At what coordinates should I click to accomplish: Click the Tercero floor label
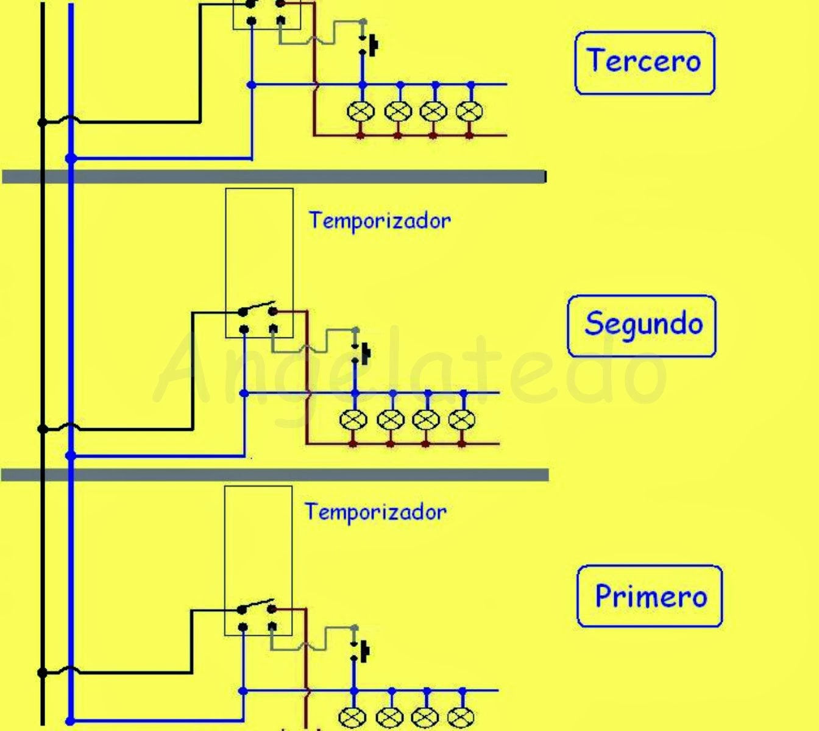pos(645,63)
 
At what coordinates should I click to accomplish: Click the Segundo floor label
pos(642,326)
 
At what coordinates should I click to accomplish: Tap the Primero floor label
pos(650,596)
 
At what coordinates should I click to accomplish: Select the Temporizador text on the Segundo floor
pos(380,221)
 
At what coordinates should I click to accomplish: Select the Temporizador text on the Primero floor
pos(376,512)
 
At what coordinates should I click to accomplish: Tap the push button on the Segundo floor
pos(361,353)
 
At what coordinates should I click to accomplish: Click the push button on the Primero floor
pos(361,651)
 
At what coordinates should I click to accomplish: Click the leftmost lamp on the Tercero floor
pos(361,111)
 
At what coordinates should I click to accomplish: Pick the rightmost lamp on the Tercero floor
pos(469,111)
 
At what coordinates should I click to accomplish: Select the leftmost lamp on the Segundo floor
pos(353,420)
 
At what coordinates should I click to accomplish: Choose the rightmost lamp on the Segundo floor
pos(462,420)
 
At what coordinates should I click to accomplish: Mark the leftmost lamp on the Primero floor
pos(352,718)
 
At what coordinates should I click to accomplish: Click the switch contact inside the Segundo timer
pos(258,309)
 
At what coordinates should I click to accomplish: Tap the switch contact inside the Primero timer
pos(257,606)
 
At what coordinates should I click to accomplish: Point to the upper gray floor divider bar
pos(274,177)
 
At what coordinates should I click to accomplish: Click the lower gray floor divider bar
pos(275,475)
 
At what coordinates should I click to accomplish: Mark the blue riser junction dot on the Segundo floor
pos(71,456)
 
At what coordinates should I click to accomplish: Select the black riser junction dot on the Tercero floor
pos(42,122)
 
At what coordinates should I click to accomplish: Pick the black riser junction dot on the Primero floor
pos(42,673)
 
